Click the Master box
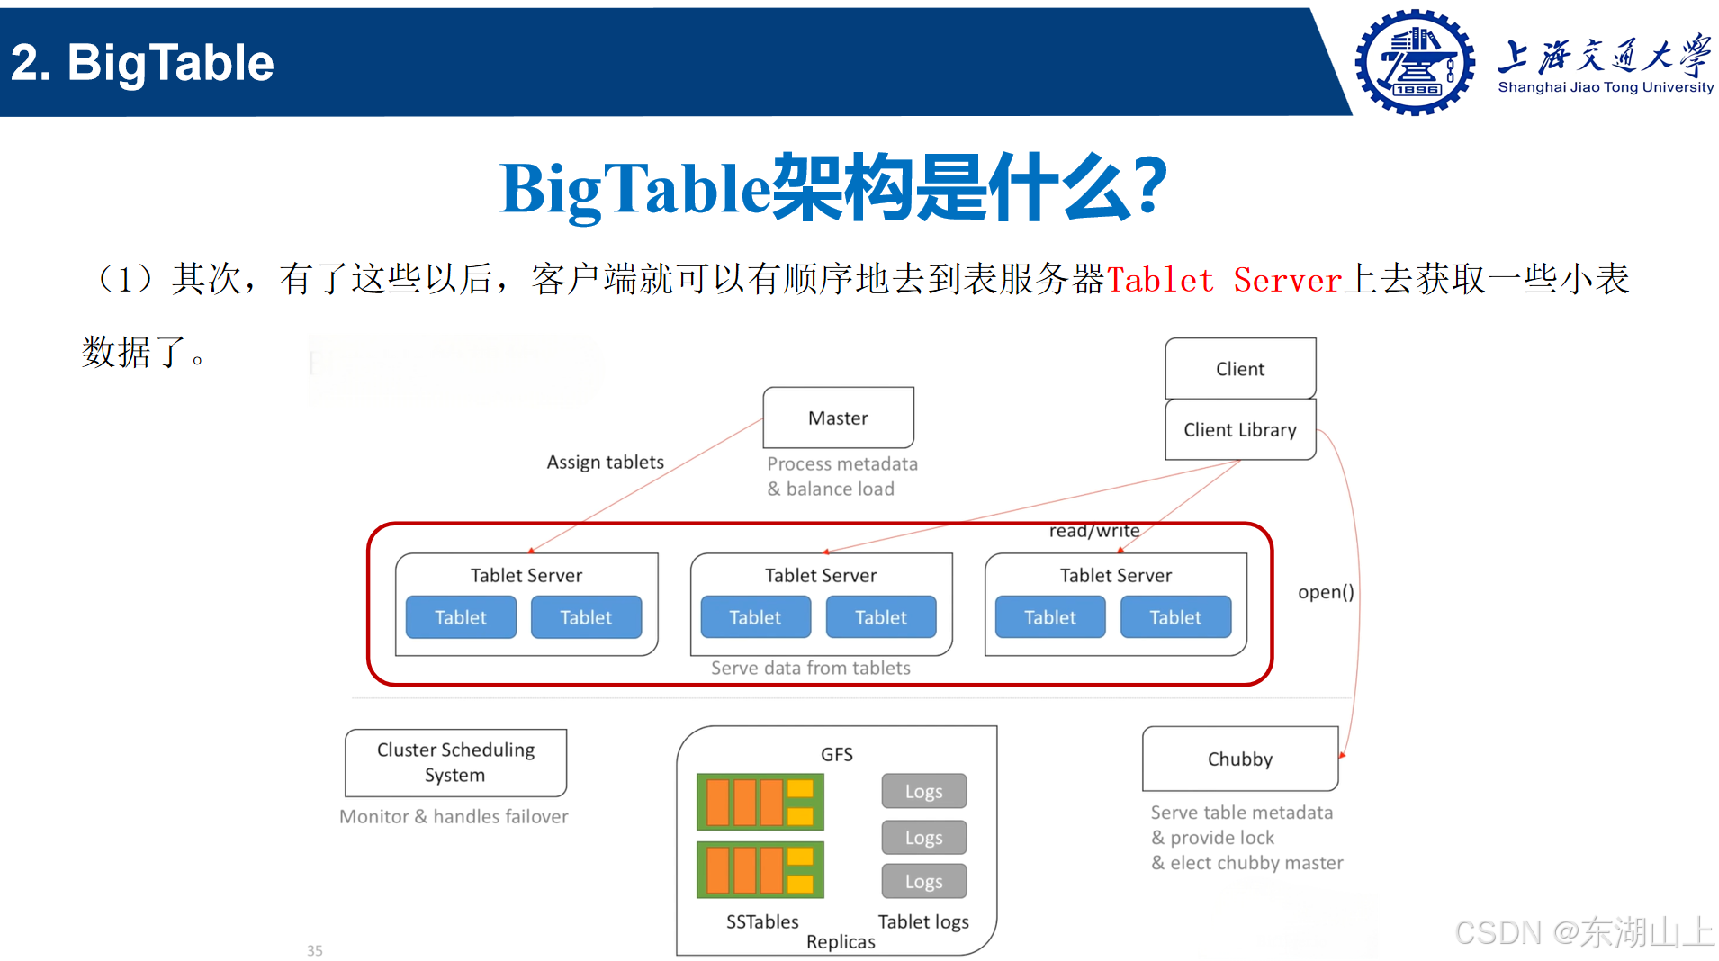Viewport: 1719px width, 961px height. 838,418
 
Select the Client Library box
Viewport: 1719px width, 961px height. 1239,430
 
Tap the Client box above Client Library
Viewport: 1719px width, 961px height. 1239,369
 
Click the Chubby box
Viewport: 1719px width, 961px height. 1239,759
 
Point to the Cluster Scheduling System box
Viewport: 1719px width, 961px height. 455,762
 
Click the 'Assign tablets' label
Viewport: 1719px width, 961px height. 605,462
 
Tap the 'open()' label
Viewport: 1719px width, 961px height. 1325,592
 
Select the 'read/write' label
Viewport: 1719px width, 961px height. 1093,531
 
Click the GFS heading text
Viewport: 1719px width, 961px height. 836,754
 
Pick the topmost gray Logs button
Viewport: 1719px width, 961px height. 923,791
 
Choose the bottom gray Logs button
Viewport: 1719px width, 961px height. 923,881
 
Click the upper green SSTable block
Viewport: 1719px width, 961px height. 760,802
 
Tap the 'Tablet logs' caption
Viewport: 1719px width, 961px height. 922,921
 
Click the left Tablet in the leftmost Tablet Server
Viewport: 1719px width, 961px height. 461,617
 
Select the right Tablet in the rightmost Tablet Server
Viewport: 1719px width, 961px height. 1174,617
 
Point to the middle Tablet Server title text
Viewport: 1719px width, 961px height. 820,575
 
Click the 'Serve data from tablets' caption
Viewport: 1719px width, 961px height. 810,668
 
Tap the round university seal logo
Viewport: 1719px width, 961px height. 1414,62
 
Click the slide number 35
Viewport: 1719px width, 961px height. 314,950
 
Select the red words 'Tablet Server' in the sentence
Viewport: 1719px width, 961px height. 1224,280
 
